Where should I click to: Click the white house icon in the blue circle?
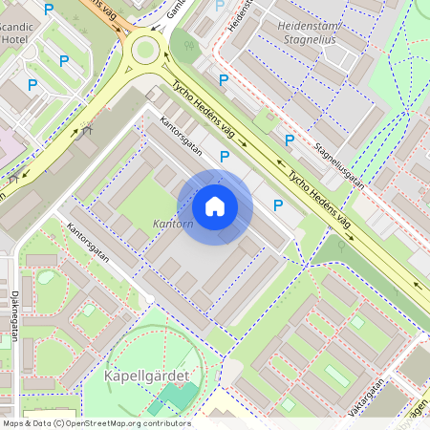click(x=215, y=206)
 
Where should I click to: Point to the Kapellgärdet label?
click(x=144, y=376)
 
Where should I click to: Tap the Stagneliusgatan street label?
click(x=338, y=163)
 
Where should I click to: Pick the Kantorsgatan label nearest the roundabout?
click(x=181, y=137)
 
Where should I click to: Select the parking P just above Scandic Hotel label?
click(x=50, y=9)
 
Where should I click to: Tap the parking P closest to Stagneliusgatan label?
click(x=289, y=140)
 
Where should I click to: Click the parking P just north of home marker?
click(x=226, y=156)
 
